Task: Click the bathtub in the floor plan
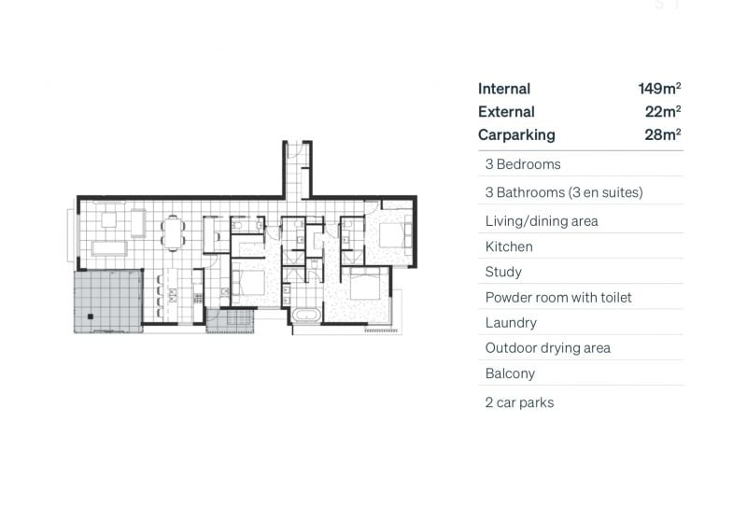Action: click(307, 316)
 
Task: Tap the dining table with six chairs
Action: click(173, 232)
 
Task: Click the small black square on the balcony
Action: click(90, 316)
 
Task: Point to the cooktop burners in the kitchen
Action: click(198, 298)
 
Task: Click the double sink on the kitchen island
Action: click(173, 295)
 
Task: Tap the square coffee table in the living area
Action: click(108, 219)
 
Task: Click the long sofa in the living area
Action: click(109, 248)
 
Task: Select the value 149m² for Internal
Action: click(659, 89)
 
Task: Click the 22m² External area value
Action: click(663, 111)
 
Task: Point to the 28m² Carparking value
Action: click(663, 134)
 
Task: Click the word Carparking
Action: click(516, 134)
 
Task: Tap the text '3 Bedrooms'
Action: click(523, 164)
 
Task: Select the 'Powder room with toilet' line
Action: click(558, 298)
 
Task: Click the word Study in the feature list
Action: click(503, 272)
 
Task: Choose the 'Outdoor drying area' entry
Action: click(548, 348)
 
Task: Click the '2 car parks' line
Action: click(519, 403)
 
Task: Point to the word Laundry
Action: click(511, 323)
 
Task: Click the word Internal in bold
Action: click(504, 89)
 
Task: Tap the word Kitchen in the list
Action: click(509, 246)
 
